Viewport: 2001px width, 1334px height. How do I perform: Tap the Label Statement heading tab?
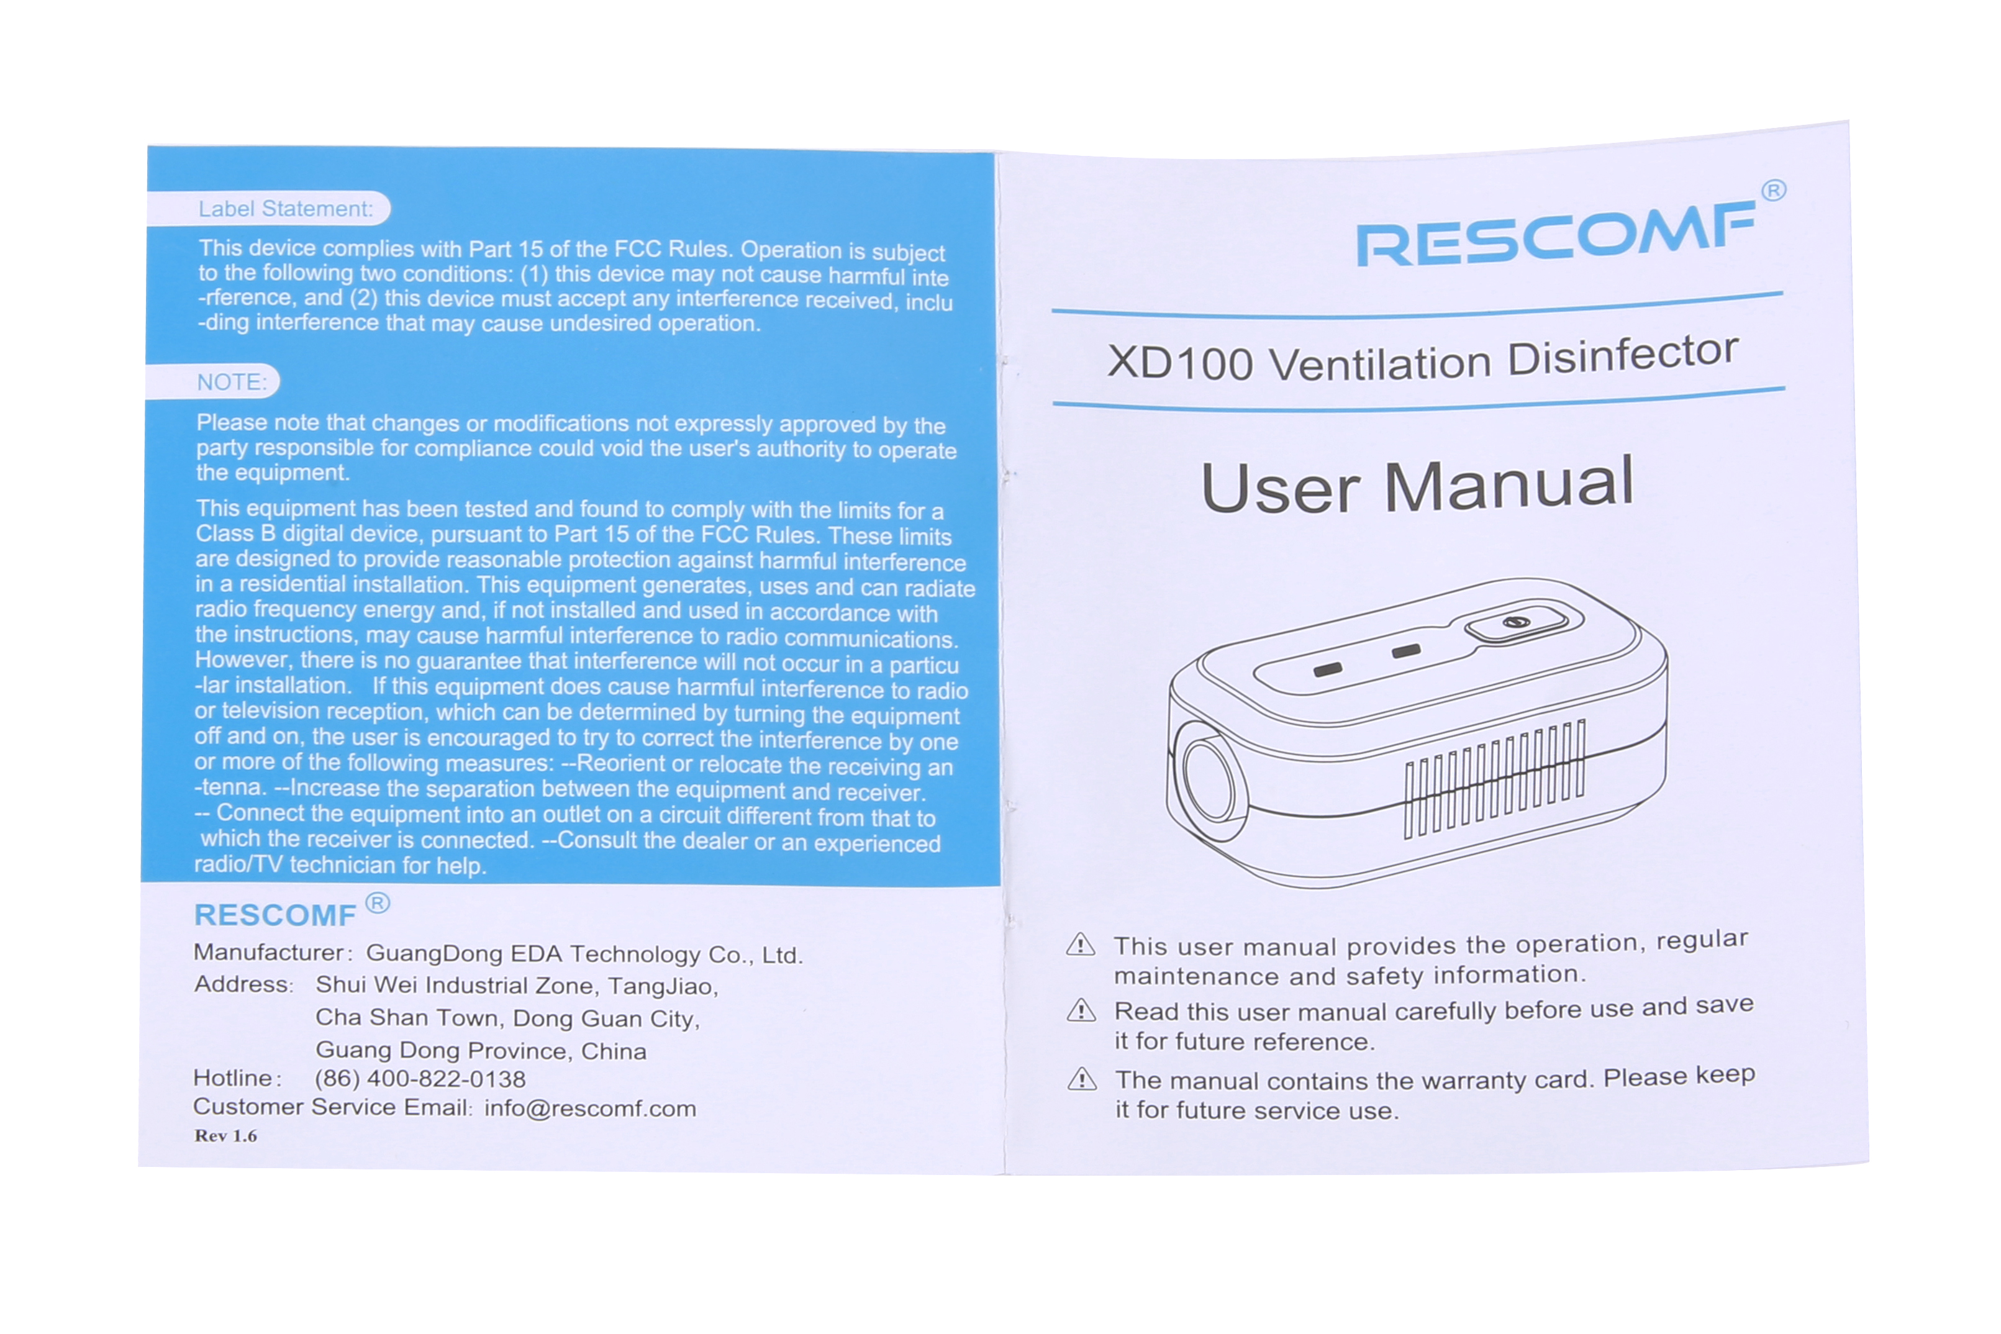click(x=269, y=209)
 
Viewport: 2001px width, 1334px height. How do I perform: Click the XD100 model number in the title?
click(x=1180, y=363)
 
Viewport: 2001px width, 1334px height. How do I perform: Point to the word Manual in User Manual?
click(x=1509, y=483)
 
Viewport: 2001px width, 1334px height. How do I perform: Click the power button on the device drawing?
click(x=1516, y=623)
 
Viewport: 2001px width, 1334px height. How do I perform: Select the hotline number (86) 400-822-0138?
click(x=420, y=1079)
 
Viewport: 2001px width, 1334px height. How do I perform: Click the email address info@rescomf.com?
click(x=591, y=1109)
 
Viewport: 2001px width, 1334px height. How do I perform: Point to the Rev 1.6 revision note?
click(x=225, y=1136)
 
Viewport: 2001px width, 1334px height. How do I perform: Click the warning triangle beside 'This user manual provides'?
click(x=1081, y=945)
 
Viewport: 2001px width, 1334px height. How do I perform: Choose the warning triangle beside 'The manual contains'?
click(x=1082, y=1079)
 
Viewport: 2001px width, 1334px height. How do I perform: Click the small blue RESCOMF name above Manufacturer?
click(x=275, y=915)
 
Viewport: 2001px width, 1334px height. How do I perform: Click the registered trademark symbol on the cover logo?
click(x=1774, y=191)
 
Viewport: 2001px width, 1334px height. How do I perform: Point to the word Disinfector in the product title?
click(x=1623, y=356)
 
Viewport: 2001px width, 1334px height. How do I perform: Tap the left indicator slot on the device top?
click(x=1328, y=669)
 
